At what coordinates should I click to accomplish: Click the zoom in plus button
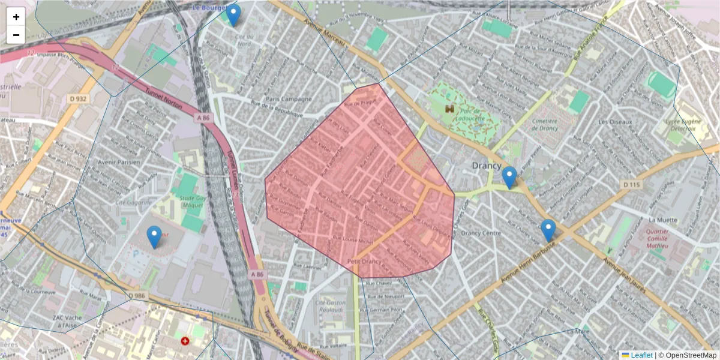16,17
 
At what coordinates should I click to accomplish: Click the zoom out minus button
16,35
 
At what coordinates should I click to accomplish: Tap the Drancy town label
486,166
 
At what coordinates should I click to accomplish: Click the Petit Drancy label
365,262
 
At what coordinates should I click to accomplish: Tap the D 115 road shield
631,185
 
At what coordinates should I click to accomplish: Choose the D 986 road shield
137,295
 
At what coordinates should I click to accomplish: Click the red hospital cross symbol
185,341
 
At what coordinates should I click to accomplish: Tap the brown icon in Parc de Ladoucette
449,109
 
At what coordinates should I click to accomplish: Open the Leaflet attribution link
641,355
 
